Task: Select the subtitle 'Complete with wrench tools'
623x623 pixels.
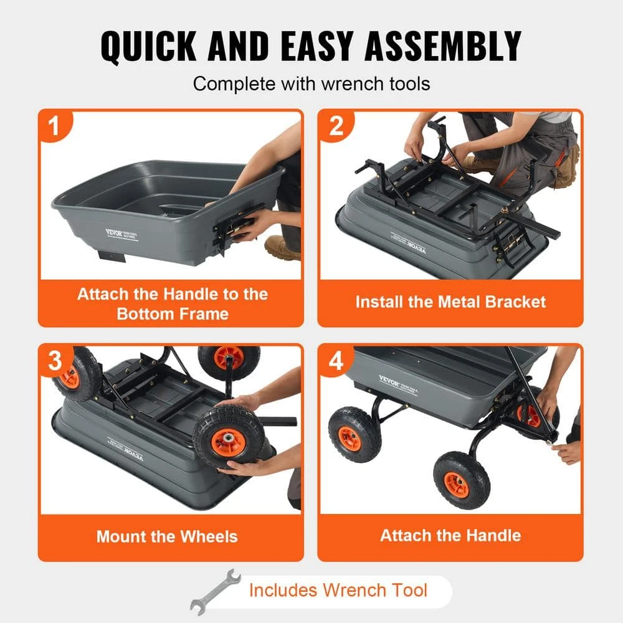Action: click(311, 83)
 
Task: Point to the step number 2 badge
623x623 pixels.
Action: click(336, 127)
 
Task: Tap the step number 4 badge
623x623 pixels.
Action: click(336, 361)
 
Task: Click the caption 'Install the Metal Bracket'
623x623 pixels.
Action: click(450, 302)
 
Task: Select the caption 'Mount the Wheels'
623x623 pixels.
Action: click(167, 536)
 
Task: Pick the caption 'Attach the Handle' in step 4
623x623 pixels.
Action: click(450, 535)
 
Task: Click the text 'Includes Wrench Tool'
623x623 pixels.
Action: click(338, 590)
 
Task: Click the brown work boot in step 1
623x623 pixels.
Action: click(281, 247)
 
